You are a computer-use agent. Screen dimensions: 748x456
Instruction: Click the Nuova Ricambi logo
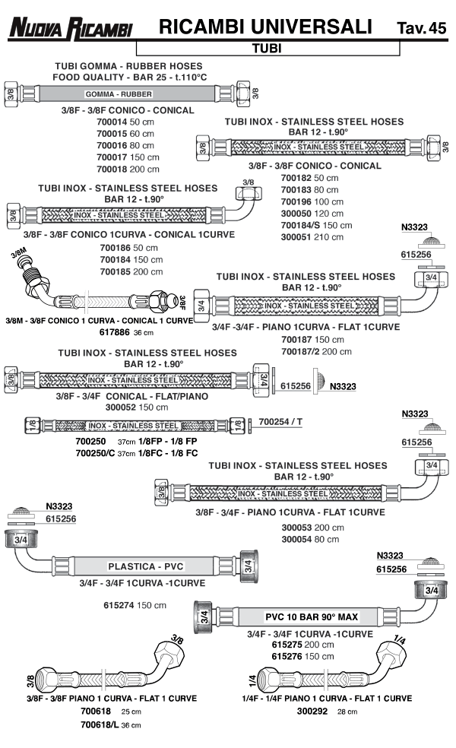click(70, 29)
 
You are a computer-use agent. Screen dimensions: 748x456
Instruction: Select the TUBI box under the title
click(267, 48)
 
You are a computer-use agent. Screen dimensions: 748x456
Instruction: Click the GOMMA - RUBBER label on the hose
click(119, 94)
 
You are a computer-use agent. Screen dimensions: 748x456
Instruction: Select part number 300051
click(296, 236)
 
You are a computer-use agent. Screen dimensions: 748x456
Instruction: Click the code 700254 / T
click(280, 420)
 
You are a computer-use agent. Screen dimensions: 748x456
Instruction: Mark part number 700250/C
click(95, 453)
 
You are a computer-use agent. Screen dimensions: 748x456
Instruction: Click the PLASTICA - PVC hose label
click(146, 567)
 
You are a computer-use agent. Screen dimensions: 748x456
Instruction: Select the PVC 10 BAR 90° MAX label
click(310, 616)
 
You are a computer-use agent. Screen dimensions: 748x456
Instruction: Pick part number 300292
click(313, 712)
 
